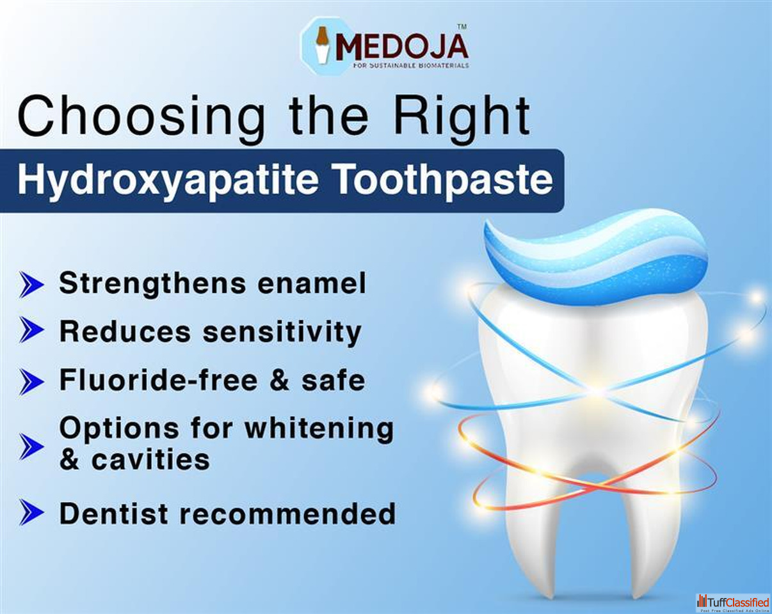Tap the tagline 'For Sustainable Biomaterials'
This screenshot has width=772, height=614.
[x=411, y=66]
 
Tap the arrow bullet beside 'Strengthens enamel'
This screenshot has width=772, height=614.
[x=31, y=285]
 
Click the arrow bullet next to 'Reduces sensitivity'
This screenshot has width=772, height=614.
[x=31, y=329]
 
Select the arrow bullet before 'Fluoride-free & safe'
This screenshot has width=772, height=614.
[x=31, y=382]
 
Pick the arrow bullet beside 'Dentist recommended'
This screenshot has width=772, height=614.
[x=31, y=512]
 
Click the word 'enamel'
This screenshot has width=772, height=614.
[x=312, y=283]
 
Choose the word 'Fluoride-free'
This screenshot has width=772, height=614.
[x=158, y=380]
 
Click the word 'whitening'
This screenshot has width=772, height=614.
[x=319, y=429]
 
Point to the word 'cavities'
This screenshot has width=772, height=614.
[x=150, y=459]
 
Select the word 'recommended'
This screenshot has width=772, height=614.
[x=287, y=514]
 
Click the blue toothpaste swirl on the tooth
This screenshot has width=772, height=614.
[x=595, y=257]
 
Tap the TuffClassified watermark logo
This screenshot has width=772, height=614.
[x=733, y=603]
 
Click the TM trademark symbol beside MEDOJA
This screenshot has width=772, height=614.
[x=462, y=26]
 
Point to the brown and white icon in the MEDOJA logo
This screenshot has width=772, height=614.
[x=322, y=45]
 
